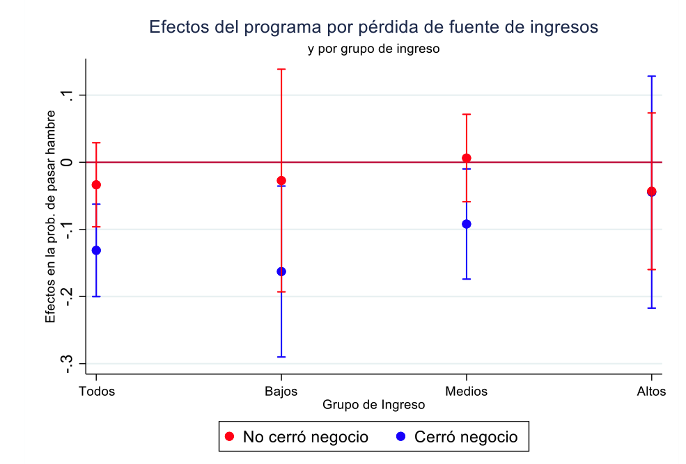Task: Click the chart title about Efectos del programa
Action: coord(373,27)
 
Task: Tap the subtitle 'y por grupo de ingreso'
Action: coord(373,49)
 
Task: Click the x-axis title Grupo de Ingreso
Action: coord(373,404)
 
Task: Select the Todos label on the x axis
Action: coord(97,391)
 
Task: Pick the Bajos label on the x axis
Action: coord(281,391)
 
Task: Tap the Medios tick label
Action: coord(467,391)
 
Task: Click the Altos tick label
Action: coord(652,391)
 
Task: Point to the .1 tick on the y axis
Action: coord(70,95)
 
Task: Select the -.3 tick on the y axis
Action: coord(70,363)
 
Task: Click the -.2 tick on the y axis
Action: coord(70,296)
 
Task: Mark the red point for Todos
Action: coord(97,185)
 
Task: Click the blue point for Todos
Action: coord(97,250)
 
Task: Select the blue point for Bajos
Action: coord(281,271)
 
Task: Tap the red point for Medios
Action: coord(467,158)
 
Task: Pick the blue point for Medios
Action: coord(467,224)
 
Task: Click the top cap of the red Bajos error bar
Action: coord(281,69)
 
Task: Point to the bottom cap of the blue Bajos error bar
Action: coord(281,357)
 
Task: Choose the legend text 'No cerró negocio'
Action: coord(305,437)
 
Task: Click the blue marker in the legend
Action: coord(400,437)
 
